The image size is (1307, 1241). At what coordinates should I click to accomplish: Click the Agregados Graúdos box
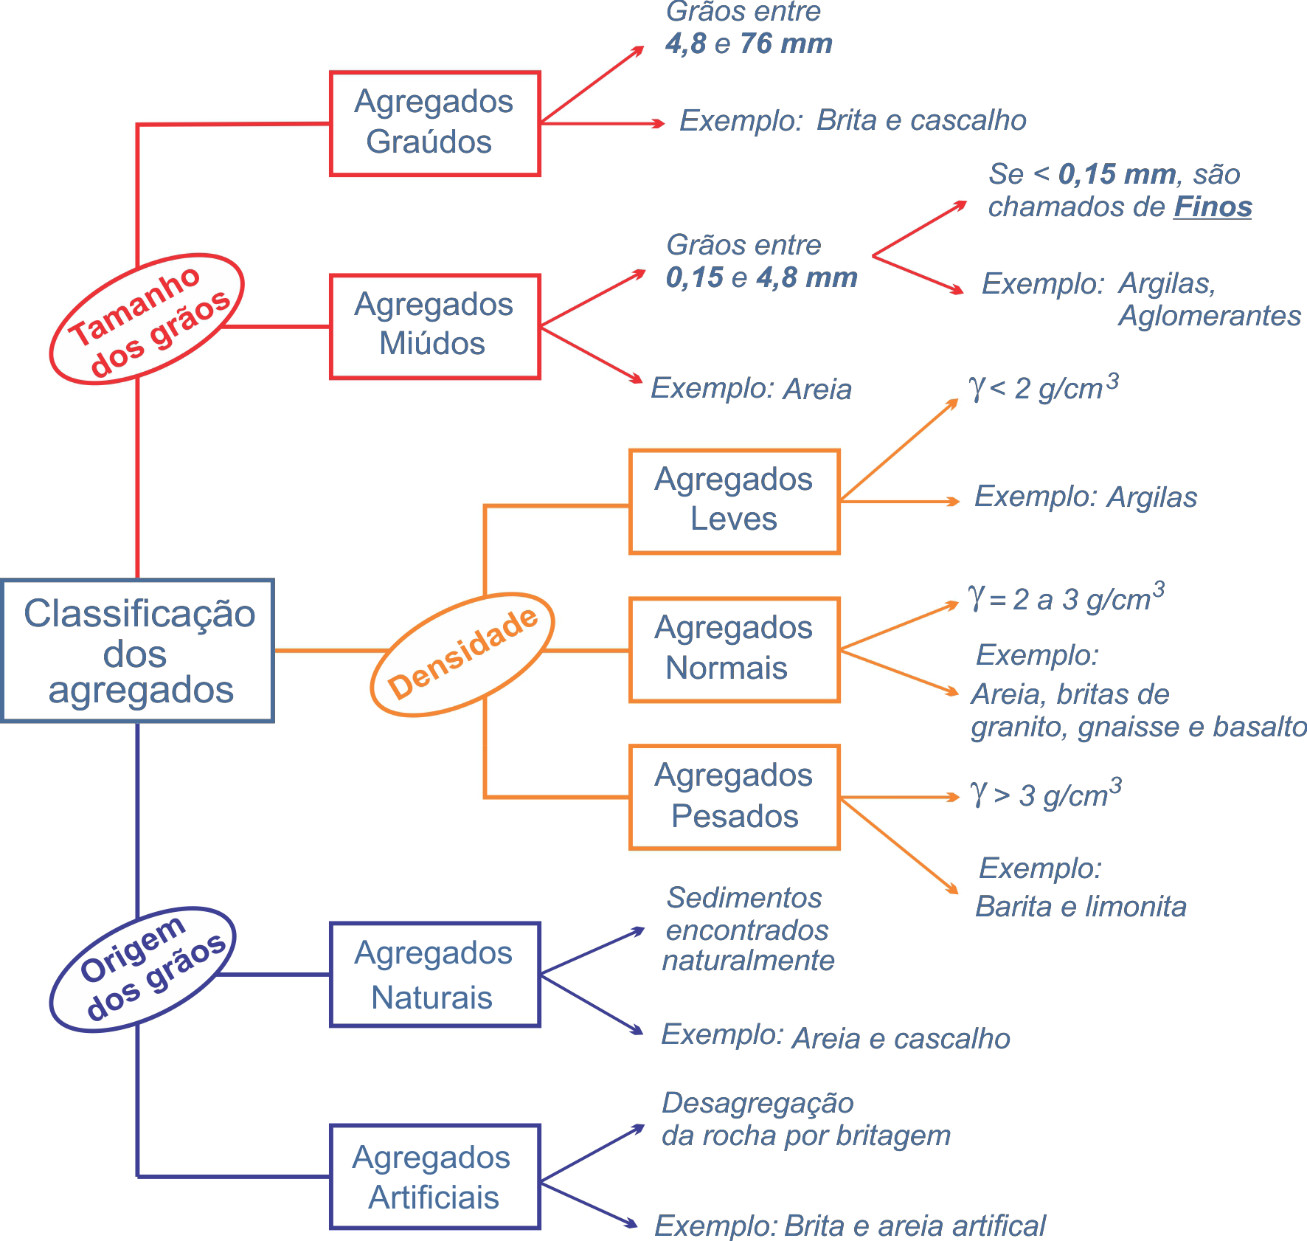point(435,123)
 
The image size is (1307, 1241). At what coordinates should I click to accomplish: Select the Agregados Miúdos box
point(435,326)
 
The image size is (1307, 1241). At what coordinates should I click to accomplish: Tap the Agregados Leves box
point(734,501)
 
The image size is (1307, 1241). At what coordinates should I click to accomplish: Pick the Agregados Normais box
point(734,649)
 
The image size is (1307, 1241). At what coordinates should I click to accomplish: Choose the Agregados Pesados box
point(734,797)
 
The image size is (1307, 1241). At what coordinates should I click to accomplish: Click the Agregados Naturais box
point(435,974)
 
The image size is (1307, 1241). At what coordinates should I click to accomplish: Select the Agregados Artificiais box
point(435,1177)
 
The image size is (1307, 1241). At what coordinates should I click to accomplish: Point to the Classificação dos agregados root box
point(138,650)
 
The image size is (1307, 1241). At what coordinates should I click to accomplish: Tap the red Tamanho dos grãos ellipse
point(147,319)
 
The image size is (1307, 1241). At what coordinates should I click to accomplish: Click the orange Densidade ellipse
point(462,654)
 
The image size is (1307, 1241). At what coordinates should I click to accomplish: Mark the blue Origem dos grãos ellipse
point(143,969)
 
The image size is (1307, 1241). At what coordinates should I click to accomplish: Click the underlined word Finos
point(1213,207)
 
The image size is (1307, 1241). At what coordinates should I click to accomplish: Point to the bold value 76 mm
point(786,44)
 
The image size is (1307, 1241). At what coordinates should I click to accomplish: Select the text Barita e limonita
point(1081,907)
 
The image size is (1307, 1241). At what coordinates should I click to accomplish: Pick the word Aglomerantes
point(1210,316)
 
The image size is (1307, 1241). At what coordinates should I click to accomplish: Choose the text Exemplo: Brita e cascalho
point(853,120)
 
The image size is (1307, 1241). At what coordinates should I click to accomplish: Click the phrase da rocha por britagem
point(806,1135)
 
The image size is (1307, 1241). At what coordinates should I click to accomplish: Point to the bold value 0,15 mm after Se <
point(1117,175)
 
